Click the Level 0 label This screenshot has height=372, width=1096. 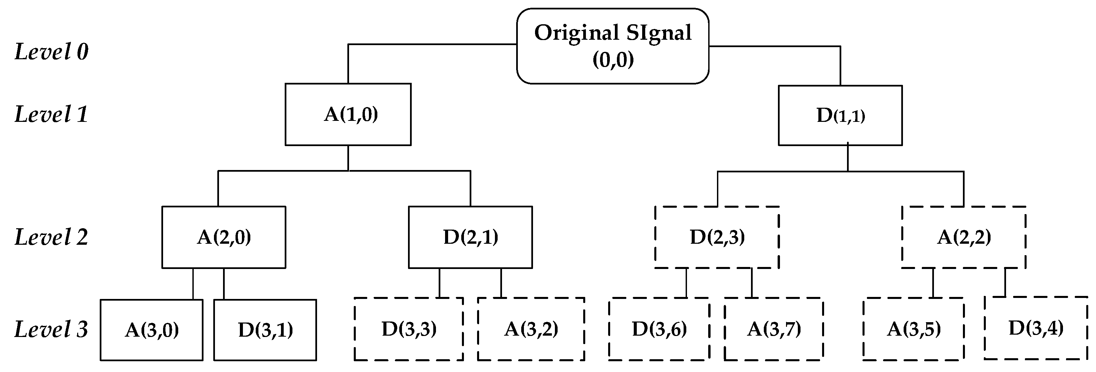tap(52, 52)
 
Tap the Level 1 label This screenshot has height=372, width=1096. tap(52, 114)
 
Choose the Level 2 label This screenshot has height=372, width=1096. tap(52, 237)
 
